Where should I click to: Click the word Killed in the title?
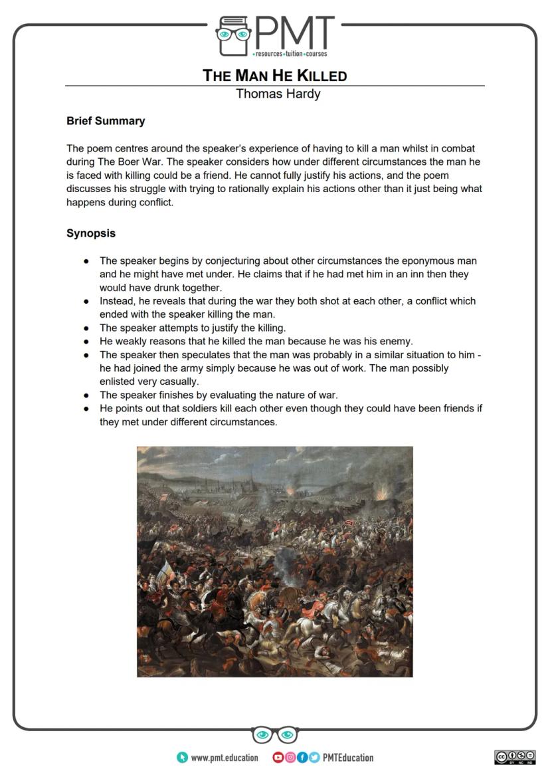click(321, 75)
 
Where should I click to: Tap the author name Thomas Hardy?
click(278, 94)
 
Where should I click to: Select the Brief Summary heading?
click(106, 121)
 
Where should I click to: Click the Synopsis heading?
click(91, 233)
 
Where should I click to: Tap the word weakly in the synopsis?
click(133, 341)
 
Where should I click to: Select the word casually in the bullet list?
click(197, 382)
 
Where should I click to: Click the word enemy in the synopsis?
click(397, 341)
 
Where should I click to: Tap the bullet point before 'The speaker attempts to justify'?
click(86, 328)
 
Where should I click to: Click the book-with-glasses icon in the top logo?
click(232, 37)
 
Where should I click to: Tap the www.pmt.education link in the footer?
click(224, 758)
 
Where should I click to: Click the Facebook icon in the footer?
click(302, 758)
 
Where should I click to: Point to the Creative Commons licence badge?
click(515, 757)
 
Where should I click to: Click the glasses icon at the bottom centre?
click(274, 735)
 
